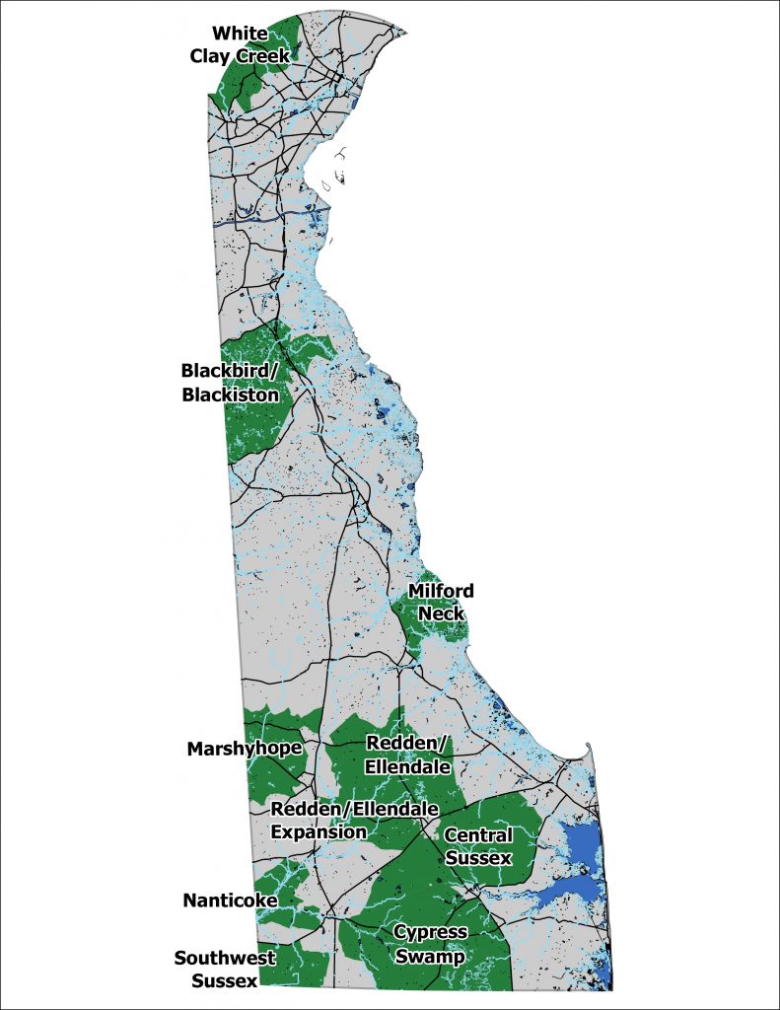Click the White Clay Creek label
(x=240, y=45)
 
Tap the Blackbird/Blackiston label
(x=230, y=383)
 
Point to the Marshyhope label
(x=244, y=749)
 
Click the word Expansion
(x=319, y=831)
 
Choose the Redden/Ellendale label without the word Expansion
(x=407, y=754)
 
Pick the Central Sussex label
(x=478, y=846)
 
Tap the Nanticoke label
(x=230, y=900)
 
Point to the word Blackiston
(x=230, y=395)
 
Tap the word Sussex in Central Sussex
(x=478, y=858)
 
